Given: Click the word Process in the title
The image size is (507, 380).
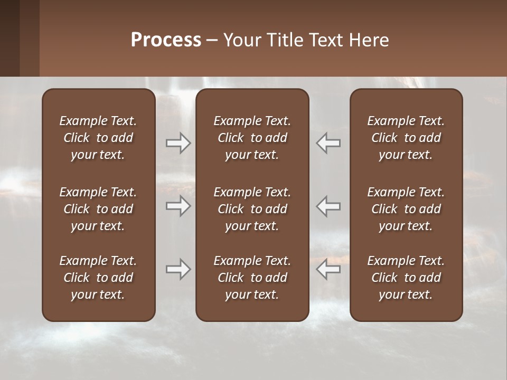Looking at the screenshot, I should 166,40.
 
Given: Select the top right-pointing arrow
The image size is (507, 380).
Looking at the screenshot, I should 178,143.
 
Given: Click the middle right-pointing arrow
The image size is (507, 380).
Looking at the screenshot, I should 178,206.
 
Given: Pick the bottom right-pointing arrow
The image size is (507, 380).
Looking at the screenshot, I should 178,270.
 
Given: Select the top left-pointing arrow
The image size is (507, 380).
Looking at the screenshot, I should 328,143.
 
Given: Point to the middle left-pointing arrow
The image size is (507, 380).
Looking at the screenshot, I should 328,206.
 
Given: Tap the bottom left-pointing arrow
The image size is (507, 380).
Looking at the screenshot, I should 328,270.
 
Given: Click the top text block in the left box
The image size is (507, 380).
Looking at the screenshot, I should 98,138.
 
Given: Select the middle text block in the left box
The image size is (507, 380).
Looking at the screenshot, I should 98,209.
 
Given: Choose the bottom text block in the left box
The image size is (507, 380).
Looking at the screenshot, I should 98,278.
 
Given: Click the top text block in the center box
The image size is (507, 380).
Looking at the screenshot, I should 252,138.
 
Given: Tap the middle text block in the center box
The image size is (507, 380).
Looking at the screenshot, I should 252,209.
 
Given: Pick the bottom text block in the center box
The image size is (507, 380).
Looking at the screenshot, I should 252,278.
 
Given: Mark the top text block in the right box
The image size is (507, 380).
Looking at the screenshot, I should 406,138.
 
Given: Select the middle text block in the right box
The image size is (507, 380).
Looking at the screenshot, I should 406,209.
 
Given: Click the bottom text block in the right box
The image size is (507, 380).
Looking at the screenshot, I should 406,278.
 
